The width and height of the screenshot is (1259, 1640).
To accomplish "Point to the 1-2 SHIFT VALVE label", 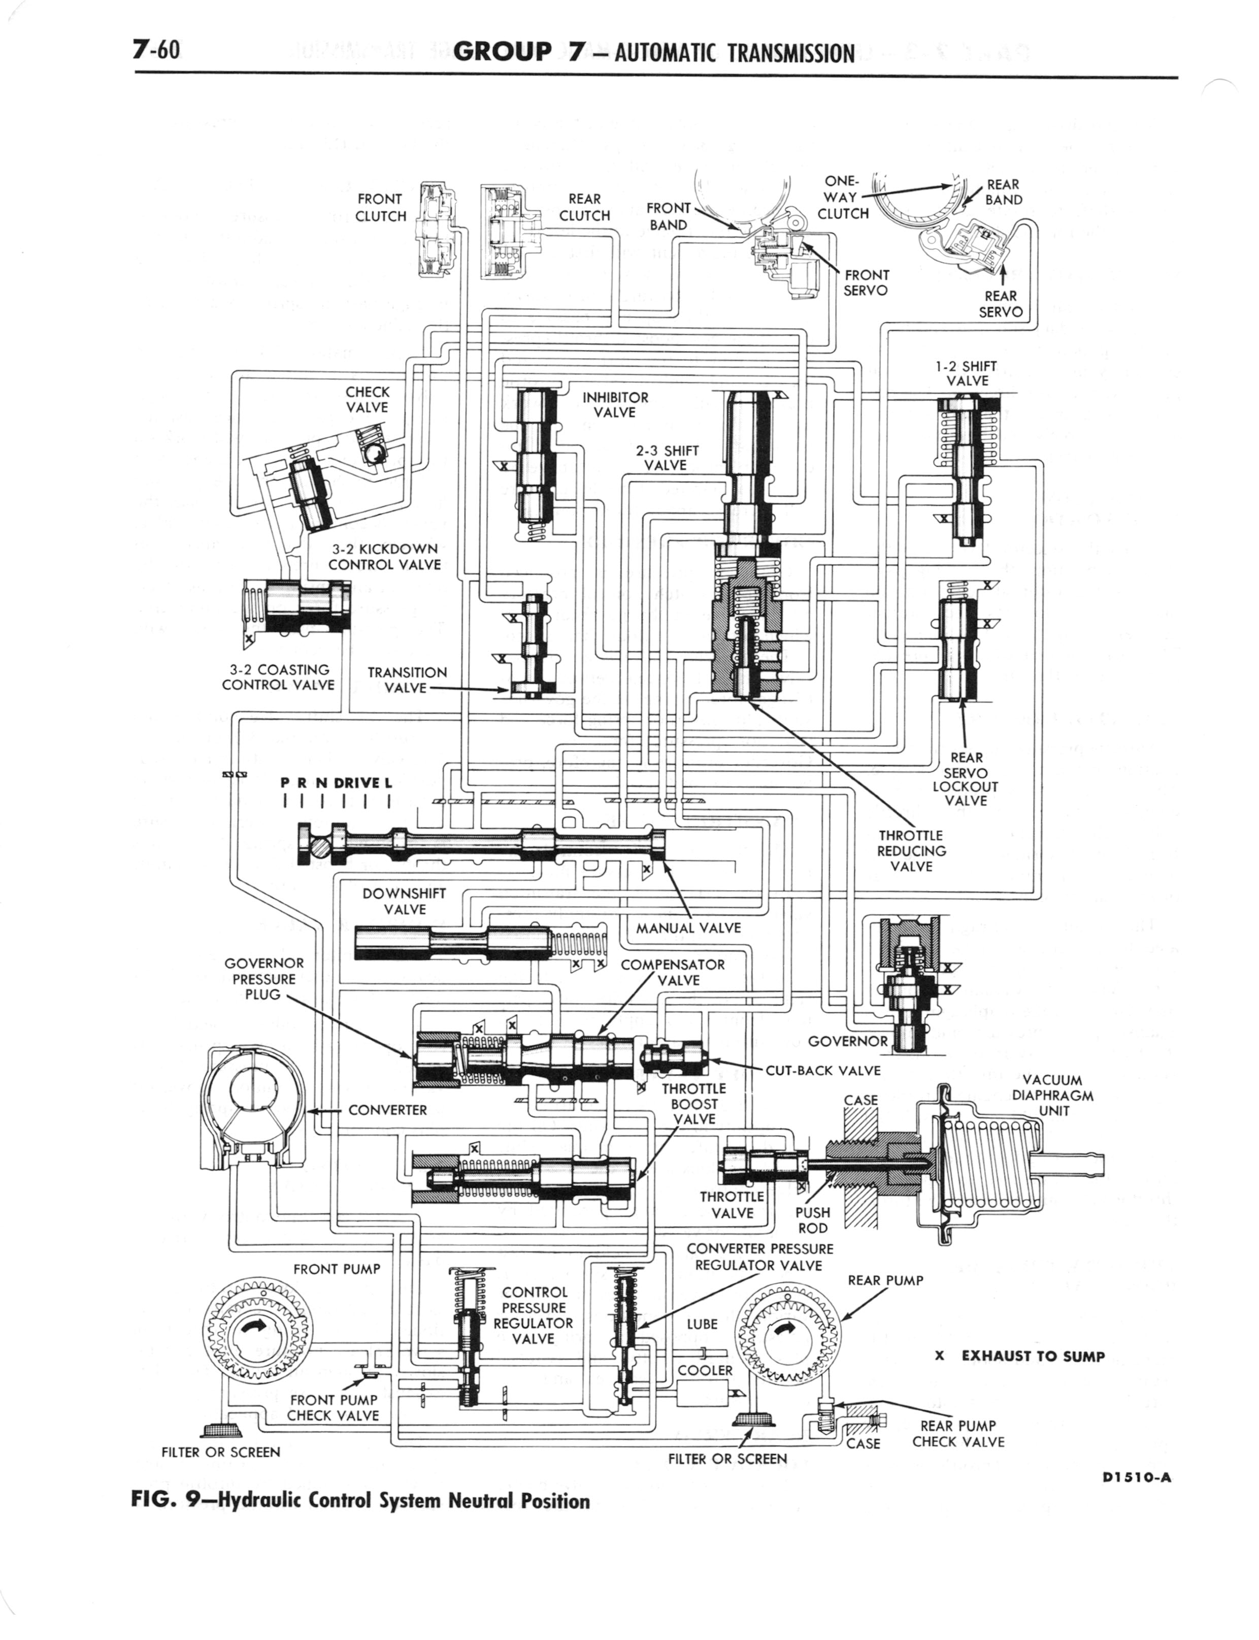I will pos(967,373).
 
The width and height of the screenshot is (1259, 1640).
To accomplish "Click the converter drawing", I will pos(255,1112).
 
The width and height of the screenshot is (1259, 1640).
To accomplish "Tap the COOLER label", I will pos(705,1370).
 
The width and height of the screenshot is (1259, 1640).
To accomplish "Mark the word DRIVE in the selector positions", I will pos(358,783).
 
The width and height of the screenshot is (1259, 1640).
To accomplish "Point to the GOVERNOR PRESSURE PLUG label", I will pos(264,978).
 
